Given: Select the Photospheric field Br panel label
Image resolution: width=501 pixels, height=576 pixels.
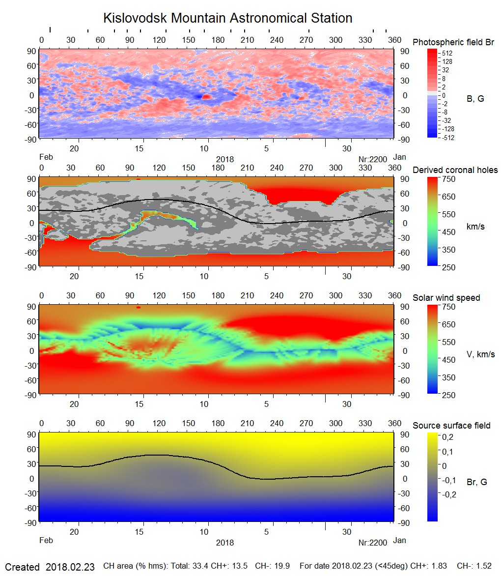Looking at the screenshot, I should [x=453, y=42].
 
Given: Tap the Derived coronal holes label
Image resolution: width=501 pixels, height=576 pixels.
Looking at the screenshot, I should [x=455, y=170].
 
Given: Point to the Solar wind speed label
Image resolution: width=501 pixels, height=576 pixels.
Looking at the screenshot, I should [x=446, y=298].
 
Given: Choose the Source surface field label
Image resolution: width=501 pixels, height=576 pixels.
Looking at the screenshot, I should [x=451, y=425].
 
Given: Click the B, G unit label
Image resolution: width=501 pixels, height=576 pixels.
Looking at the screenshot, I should [x=475, y=99].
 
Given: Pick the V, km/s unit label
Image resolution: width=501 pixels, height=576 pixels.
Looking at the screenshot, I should [x=480, y=354].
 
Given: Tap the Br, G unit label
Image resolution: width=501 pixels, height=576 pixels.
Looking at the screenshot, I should [x=476, y=482].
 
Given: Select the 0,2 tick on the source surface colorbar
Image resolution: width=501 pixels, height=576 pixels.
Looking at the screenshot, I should [x=448, y=436].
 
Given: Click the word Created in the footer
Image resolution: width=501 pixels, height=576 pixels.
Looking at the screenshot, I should [x=22, y=567].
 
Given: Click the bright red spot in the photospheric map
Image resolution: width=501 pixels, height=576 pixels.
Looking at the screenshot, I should [x=206, y=97].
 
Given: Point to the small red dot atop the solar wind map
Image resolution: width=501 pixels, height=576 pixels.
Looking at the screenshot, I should [x=139, y=307].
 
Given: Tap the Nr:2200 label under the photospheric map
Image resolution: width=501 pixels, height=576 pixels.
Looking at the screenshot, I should [x=373, y=158].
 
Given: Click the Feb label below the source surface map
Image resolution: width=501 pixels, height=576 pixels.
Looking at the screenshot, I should [x=46, y=541].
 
